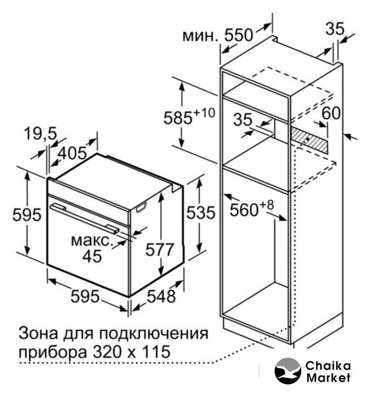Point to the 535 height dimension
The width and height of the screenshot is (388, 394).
point(201,213)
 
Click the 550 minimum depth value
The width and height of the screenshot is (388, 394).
point(238,35)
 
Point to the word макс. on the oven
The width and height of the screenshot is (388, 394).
point(92,239)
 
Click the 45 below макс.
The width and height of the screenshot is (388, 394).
point(92,256)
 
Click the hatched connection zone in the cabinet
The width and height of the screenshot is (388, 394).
point(312,138)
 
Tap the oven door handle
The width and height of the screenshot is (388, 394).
point(86,215)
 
